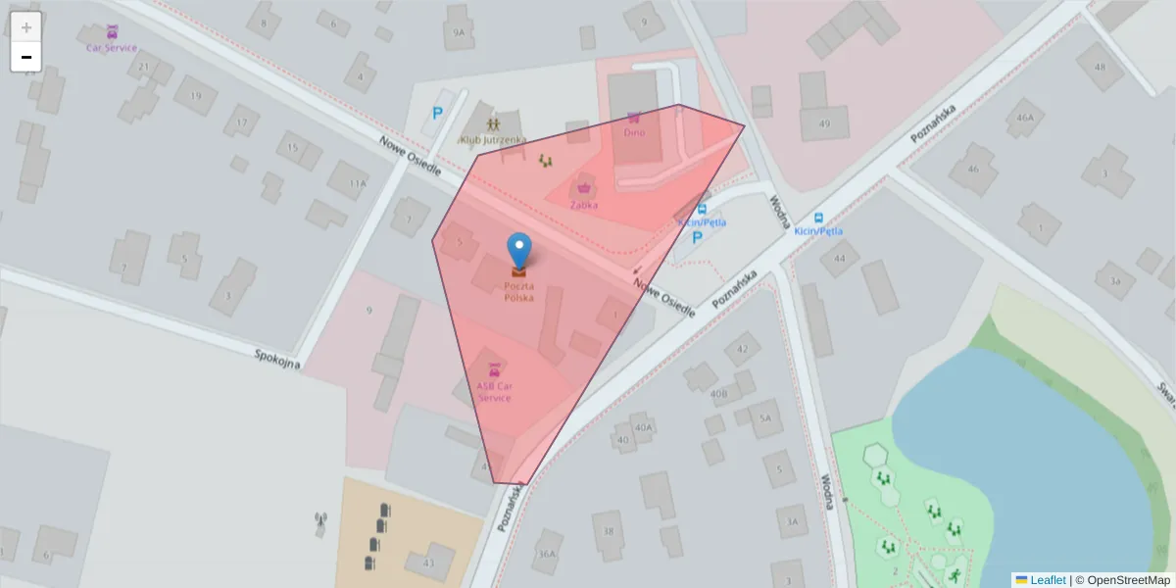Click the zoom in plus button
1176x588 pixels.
(26, 27)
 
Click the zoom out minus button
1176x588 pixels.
(26, 57)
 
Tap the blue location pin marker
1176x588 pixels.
(519, 251)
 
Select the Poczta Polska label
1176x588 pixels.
(519, 291)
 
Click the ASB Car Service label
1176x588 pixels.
(494, 391)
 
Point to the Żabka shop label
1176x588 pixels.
(584, 205)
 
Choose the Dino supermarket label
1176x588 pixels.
(634, 132)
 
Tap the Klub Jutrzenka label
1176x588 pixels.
(492, 140)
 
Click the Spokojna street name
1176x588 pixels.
(275, 359)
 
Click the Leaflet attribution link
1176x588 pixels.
(1047, 580)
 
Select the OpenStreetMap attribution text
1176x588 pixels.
(1128, 580)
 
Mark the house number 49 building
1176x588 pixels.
(824, 123)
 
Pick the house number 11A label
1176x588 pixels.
(359, 183)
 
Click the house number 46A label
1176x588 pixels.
(1025, 118)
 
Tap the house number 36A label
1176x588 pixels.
(546, 554)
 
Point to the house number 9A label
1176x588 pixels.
(459, 32)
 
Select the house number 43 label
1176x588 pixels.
(428, 563)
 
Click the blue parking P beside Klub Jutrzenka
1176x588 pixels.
(437, 114)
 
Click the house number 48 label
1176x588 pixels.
(1101, 68)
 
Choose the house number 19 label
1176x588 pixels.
(195, 96)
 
